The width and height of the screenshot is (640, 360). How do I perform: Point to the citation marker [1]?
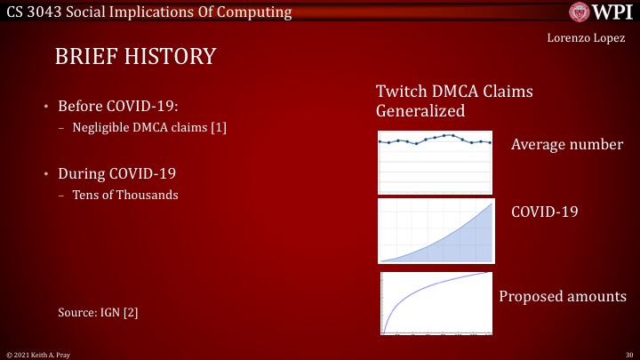click(218, 128)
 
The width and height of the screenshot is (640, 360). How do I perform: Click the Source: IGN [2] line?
click(98, 312)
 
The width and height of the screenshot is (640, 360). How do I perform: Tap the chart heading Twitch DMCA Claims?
click(460, 93)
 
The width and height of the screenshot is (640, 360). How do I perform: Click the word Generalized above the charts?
click(420, 112)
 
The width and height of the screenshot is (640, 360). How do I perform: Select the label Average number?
click(567, 145)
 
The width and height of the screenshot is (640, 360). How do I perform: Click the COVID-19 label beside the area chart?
click(545, 212)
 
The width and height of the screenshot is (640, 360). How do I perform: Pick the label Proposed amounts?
click(561, 296)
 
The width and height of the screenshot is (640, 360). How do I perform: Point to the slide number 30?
click(628, 354)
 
